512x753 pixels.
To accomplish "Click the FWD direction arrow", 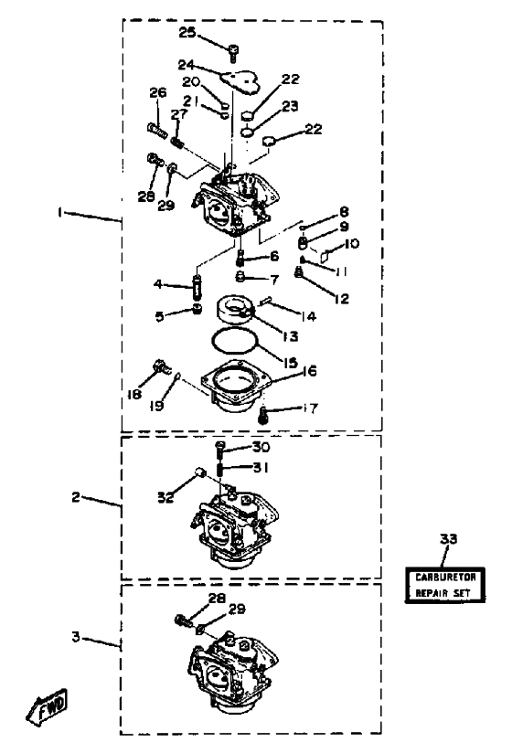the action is tap(47, 705).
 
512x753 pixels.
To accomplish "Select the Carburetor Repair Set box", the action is tap(444, 585).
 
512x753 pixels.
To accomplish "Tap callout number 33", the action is tap(449, 539).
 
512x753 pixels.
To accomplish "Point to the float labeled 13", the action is tap(234, 309).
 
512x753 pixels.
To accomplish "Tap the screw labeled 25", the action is tap(233, 52).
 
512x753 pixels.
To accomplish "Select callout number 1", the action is tap(60, 212).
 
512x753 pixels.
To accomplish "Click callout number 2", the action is tap(76, 497).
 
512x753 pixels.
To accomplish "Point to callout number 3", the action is tap(76, 637).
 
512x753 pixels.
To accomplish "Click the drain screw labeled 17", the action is tap(262, 415).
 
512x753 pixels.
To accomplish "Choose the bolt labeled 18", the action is tap(162, 368).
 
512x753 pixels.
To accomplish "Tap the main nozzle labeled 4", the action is tap(197, 287).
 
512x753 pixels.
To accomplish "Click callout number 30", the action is tap(261, 447).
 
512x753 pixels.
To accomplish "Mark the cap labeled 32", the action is tap(201, 473).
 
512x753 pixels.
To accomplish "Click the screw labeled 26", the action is tap(157, 130).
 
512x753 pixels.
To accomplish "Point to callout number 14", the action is tap(308, 316).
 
